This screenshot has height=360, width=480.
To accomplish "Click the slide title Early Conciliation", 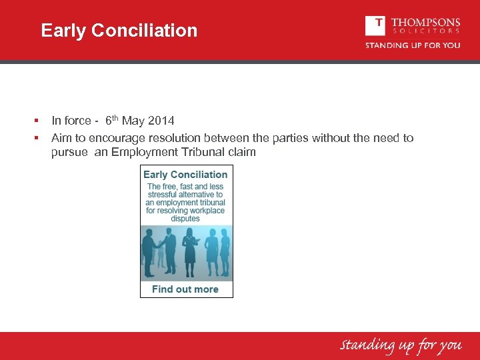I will [119, 31].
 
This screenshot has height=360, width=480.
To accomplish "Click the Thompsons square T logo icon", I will [375, 25].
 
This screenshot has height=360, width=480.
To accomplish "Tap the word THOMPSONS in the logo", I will [425, 22].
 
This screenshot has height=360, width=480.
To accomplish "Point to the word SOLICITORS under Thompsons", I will [425, 31].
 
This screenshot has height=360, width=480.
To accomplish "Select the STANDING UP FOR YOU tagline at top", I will [412, 45].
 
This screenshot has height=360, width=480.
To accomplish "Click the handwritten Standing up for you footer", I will [401, 345].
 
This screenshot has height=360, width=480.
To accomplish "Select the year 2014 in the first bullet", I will [161, 121].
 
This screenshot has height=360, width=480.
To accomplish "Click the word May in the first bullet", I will [133, 121].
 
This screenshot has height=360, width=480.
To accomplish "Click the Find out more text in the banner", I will [185, 289].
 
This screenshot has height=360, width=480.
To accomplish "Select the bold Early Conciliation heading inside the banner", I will [185, 175].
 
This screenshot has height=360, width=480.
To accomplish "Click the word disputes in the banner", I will [185, 219].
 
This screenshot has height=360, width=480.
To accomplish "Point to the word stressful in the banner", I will [162, 195].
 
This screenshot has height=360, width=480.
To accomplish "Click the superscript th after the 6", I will [115, 118].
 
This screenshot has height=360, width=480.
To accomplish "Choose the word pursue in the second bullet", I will [69, 152].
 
